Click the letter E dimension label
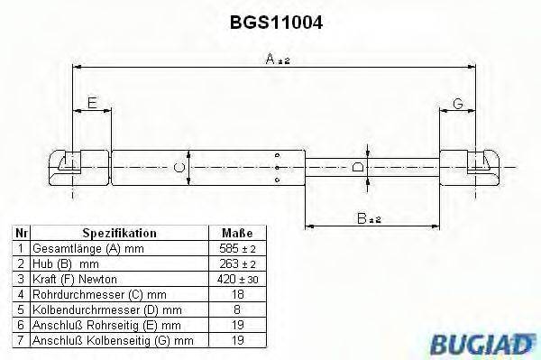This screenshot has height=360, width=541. click(x=92, y=105)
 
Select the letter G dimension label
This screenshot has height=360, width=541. click(x=457, y=105)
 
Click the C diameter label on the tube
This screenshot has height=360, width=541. click(x=179, y=167)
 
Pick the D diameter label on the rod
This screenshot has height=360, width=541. click(x=358, y=167)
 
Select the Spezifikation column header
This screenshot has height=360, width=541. click(x=119, y=233)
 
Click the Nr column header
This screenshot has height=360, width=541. click(x=20, y=233)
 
